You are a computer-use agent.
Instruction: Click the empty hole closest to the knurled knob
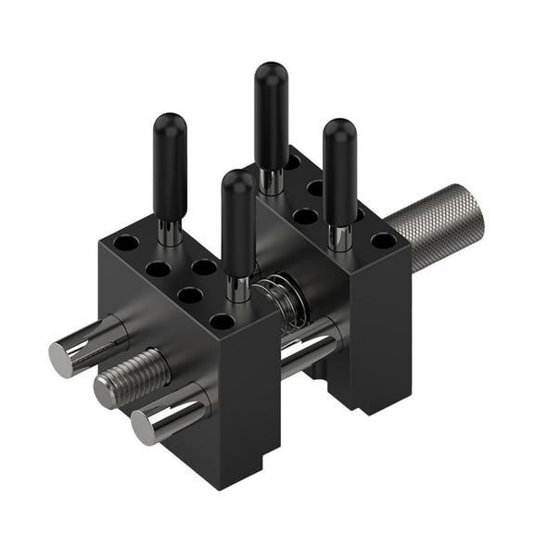coord(382,240)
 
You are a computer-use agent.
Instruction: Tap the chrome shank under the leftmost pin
coord(170,233)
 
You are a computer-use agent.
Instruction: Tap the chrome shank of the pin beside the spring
coord(239,288)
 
